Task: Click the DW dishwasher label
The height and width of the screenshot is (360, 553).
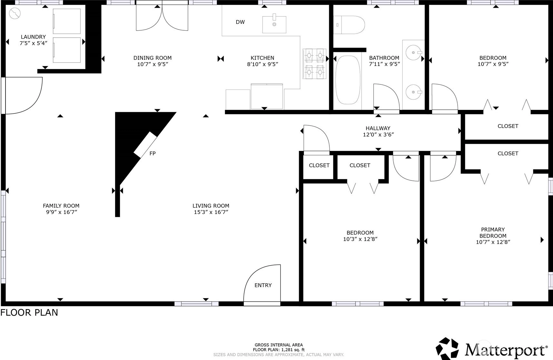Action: [x=240, y=22]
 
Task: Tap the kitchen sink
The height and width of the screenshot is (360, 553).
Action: [x=274, y=23]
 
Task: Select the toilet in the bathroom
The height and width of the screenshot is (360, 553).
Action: [x=349, y=25]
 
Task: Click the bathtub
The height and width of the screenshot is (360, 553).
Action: [x=348, y=80]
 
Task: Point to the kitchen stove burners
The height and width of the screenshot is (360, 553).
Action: [x=314, y=64]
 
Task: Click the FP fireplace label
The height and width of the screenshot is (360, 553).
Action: [x=152, y=153]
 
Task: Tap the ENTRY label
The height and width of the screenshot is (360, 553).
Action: [x=263, y=285]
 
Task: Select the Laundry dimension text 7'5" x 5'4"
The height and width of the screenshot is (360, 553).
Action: [x=34, y=43]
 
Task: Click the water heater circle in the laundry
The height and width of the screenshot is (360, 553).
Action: [x=15, y=13]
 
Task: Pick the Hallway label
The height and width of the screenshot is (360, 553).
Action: [x=378, y=128]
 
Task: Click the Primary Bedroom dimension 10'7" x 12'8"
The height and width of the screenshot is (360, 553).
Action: [x=493, y=242]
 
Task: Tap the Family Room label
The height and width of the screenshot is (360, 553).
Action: [x=61, y=206]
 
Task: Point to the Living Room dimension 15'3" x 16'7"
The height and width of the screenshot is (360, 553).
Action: [x=211, y=212]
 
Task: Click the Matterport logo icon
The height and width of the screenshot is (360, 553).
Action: [x=447, y=348]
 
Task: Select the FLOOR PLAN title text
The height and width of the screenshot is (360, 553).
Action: [x=29, y=313]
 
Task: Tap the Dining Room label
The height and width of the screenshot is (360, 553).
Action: [x=152, y=58]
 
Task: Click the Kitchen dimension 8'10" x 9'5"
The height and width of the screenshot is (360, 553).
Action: [x=262, y=64]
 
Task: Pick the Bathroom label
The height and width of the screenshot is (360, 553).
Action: [x=384, y=58]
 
